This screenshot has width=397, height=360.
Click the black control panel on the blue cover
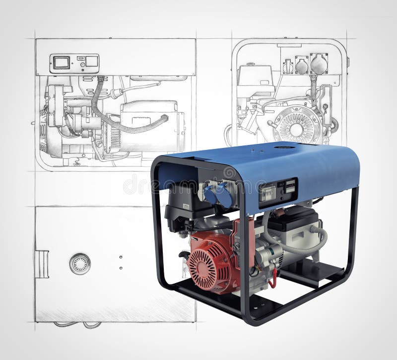277,192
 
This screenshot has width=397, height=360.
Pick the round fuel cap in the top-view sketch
80,263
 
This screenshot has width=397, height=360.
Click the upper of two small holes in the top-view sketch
121,257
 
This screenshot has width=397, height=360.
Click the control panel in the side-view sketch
74,64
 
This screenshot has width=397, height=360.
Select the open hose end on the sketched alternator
166,118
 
